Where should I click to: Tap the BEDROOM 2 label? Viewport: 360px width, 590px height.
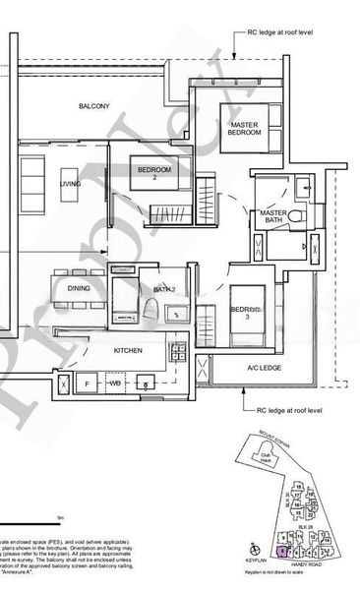point(154,174)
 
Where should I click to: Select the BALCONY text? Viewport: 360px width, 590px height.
point(95,105)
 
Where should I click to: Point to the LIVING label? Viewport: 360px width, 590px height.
point(70,184)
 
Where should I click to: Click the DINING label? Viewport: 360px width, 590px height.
point(79,288)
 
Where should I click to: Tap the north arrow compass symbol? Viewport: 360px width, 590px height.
point(255,552)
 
